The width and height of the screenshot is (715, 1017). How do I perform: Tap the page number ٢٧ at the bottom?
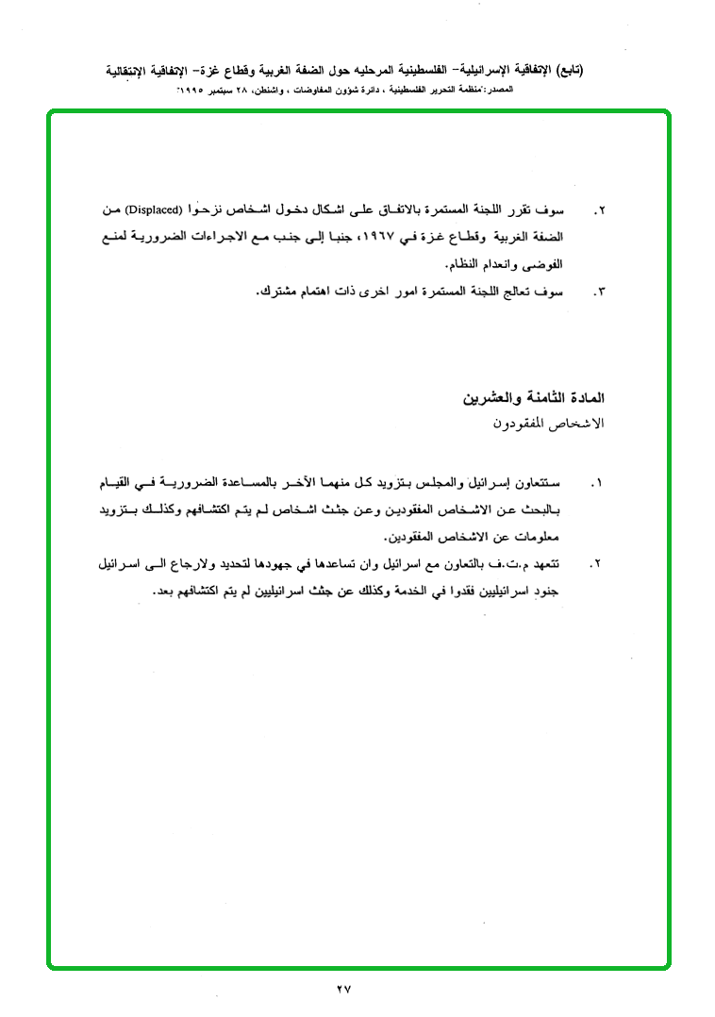[x=342, y=989]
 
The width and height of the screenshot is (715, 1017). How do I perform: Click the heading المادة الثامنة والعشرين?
[x=533, y=399]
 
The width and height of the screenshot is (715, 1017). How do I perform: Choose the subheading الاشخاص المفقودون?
[x=547, y=424]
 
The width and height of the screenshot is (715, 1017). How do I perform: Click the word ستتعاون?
[x=540, y=484]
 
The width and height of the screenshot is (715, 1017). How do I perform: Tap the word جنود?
[x=545, y=592]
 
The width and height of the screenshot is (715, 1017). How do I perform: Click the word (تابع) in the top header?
[x=569, y=71]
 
